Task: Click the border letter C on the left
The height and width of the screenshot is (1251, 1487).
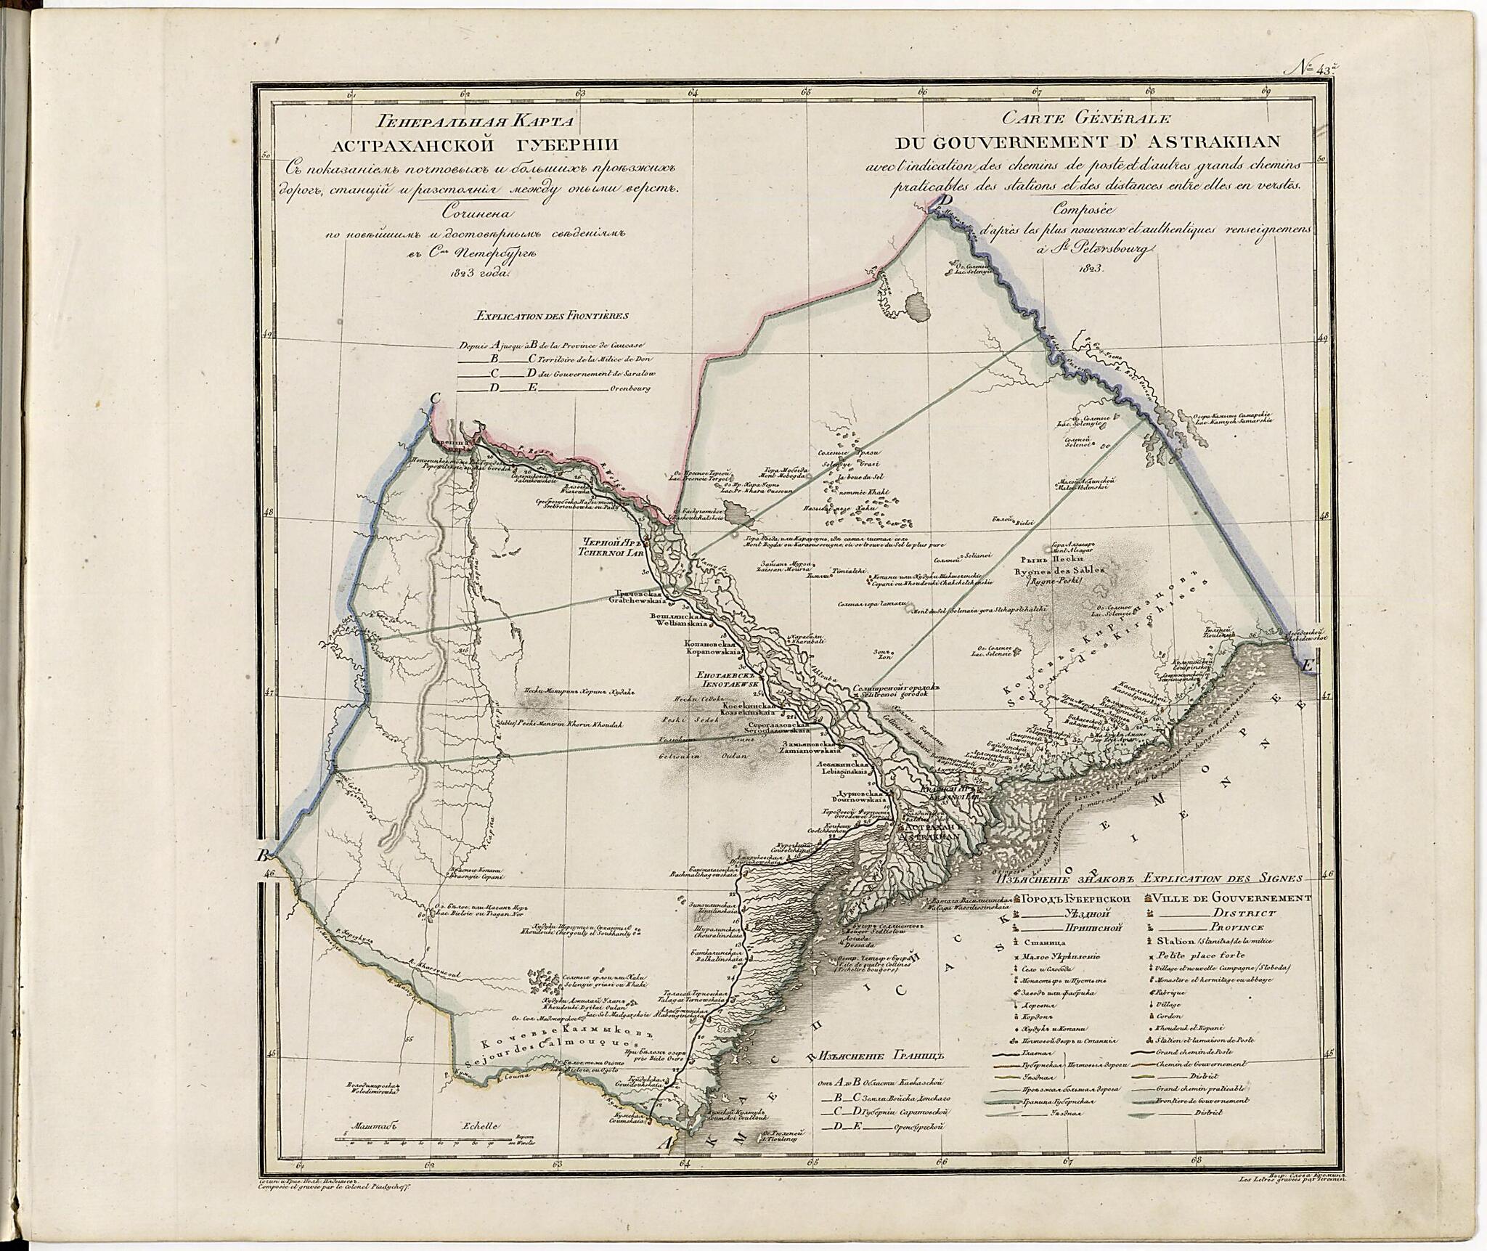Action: [x=436, y=398]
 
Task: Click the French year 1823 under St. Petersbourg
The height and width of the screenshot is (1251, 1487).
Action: [x=1091, y=268]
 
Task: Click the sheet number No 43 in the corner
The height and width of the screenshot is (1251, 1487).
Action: [x=1315, y=70]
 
